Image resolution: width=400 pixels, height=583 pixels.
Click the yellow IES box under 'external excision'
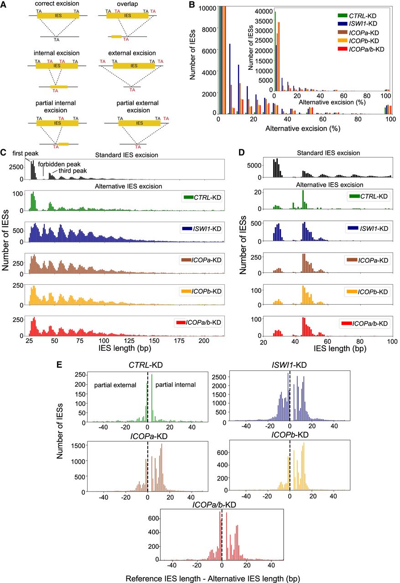point(133,66)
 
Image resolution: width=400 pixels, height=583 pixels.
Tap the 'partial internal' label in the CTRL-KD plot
point(176,385)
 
